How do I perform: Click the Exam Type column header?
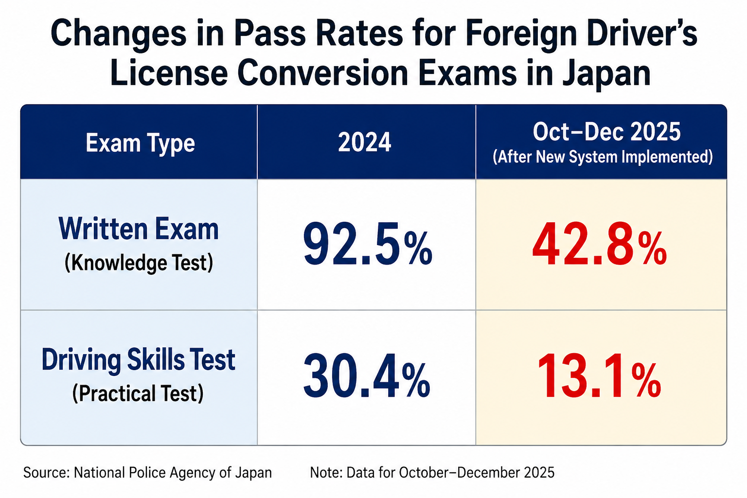(x=140, y=143)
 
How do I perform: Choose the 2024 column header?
(x=364, y=142)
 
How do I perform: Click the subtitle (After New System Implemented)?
(x=603, y=157)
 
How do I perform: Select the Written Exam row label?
(x=139, y=229)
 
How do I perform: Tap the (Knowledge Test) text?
(x=139, y=263)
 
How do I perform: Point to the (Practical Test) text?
(x=138, y=393)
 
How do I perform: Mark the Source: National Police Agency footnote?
(x=147, y=473)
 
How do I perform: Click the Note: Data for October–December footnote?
(x=432, y=473)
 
